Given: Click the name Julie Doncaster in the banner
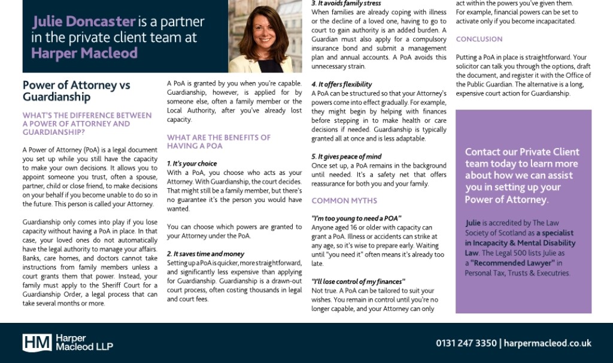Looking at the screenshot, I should coord(84,22).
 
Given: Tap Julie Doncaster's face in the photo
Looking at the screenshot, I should coord(264,31).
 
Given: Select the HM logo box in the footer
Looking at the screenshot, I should coord(37,343).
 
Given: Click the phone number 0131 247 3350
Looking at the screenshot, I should coord(466,343).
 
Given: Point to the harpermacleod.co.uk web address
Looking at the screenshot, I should coord(547,343).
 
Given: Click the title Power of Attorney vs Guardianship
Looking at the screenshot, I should coord(76,91).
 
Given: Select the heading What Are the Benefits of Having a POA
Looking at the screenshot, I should coord(219,141).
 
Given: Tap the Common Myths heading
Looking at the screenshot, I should coord(344,201).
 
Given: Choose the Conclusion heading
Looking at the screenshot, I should coord(479,39).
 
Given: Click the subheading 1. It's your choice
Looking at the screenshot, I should coord(192,164).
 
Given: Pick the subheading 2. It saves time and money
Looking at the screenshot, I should coord(205,254).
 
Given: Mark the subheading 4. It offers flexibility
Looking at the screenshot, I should coord(341,84).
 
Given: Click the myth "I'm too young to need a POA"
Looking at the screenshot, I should coord(356,219).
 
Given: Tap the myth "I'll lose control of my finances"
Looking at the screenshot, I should coord(358,282).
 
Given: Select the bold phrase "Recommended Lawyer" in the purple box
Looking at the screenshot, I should coord(512,263).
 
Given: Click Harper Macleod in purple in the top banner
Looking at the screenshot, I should coord(84,53).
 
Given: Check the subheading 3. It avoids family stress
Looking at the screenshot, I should coord(346,4).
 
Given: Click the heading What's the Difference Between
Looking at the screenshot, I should coord(87,115).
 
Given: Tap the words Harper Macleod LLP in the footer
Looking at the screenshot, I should coord(84,343).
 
